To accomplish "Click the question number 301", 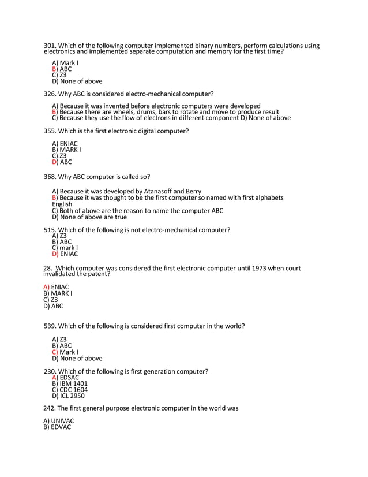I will [x=49, y=46].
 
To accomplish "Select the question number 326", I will [x=49, y=94].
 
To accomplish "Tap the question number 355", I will [x=49, y=131].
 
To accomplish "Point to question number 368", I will [x=49, y=177].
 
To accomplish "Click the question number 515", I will [x=50, y=230].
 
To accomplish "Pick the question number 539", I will [x=50, y=326].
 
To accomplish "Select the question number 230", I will [x=50, y=371].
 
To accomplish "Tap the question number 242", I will [x=49, y=408].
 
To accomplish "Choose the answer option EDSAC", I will [x=70, y=378].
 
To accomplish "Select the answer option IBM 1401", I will [x=73, y=384].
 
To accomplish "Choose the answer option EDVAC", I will [x=61, y=427].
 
